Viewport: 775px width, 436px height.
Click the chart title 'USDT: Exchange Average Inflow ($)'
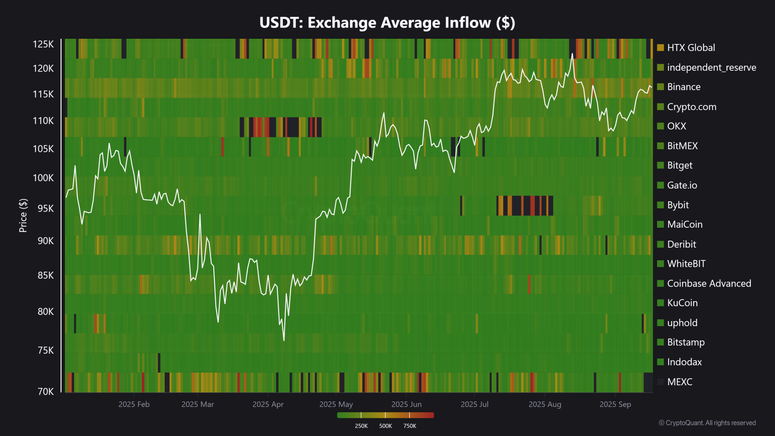387,23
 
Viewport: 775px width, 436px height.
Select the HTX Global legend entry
691,48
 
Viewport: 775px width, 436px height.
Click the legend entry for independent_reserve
711,67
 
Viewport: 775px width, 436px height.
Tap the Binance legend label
683,87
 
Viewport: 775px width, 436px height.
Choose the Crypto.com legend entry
691,107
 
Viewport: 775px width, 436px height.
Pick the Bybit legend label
678,205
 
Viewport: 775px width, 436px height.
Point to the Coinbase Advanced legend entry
709,283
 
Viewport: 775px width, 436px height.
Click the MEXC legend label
679,382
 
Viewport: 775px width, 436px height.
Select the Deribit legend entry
681,244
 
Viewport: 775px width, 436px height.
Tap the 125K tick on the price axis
43,44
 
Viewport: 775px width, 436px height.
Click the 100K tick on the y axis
43,178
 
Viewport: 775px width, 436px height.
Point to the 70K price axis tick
45,392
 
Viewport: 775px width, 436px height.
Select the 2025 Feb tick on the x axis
134,405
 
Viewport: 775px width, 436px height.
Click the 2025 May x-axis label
336,405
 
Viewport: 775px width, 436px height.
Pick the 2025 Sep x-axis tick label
615,405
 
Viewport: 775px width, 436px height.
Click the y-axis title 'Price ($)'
23,216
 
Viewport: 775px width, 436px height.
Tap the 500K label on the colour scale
385,426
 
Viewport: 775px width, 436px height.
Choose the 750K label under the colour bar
410,426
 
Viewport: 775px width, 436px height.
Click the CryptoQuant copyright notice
707,423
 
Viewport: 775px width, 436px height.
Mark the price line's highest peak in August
572,54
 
